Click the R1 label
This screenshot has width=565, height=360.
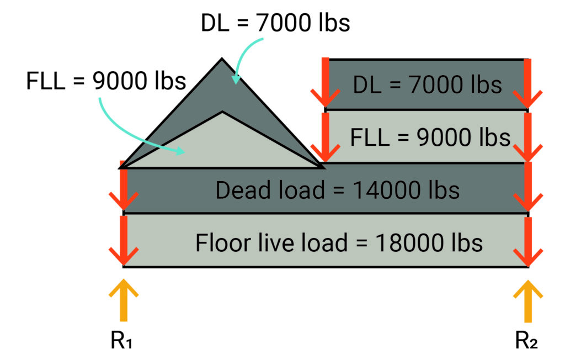pos(121,340)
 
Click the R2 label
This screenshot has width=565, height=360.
pos(526,340)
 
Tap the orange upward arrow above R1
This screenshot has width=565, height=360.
pos(124,300)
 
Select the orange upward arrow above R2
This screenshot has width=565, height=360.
pos(528,300)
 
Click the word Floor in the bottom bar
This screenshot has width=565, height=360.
pos(223,242)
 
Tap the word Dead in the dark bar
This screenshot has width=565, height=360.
pos(239,190)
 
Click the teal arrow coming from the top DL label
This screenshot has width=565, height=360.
pos(246,59)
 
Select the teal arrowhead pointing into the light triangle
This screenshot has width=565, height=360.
pos(180,150)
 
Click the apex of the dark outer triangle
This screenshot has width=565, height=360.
pos(222,58)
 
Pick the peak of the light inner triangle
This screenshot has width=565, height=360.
pos(222,112)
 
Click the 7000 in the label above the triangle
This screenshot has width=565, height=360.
pos(284,23)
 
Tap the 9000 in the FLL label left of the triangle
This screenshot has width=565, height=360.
pos(120,81)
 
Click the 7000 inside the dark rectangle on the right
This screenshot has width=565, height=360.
pos(436,85)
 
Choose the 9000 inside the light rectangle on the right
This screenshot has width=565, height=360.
pos(444,137)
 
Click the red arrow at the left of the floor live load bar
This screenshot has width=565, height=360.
pos(124,240)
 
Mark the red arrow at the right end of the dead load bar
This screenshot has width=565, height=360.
pos(528,187)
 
